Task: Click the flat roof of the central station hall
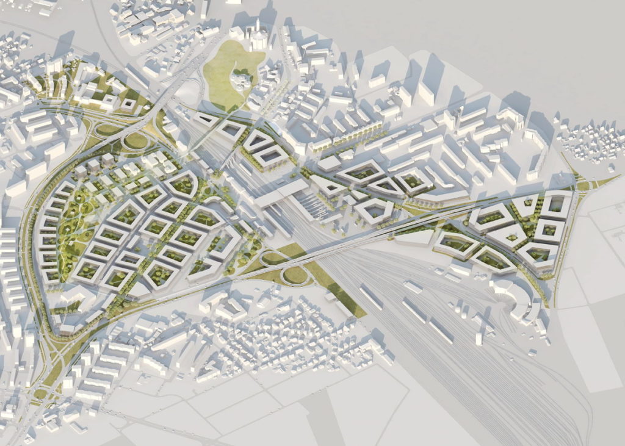(281, 195)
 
